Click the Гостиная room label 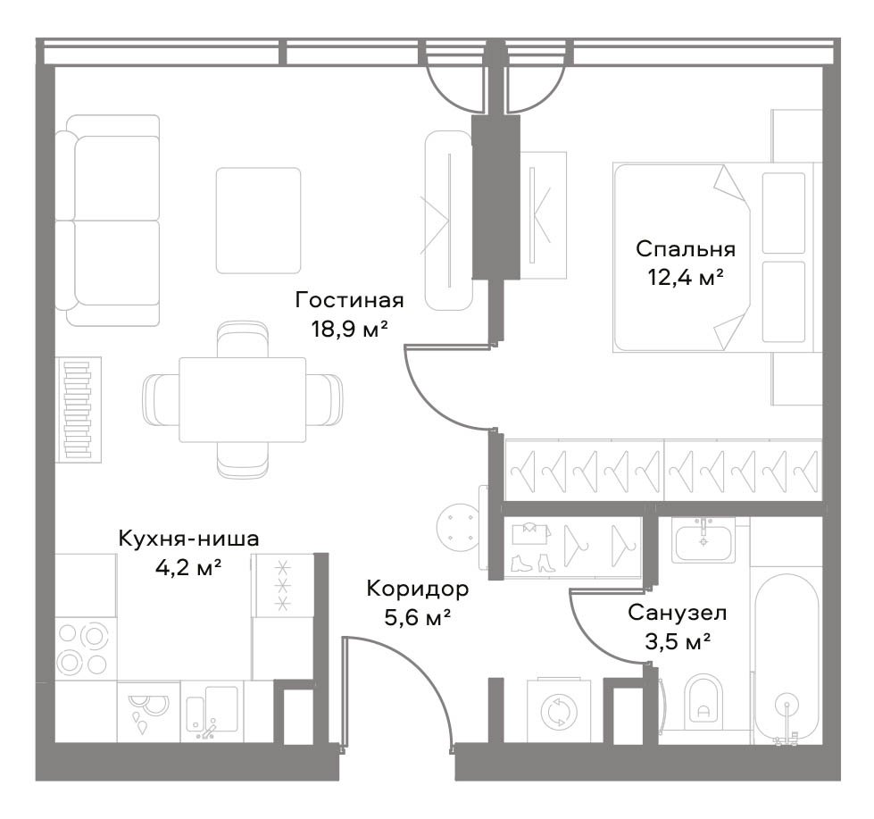349,300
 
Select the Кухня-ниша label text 189,539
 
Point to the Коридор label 418,589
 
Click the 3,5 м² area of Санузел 678,641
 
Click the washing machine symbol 559,711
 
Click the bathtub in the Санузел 787,659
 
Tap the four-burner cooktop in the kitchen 84,649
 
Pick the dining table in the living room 243,400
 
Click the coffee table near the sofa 259,221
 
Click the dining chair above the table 243,339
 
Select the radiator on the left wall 79,410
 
